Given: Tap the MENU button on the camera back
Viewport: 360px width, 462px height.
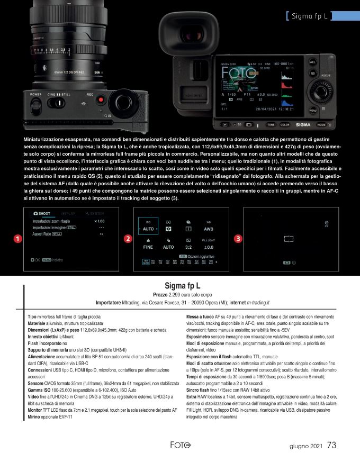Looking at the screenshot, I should pyautogui.click(x=313, y=110).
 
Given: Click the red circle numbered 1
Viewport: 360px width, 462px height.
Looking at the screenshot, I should pyautogui.click(x=18, y=239).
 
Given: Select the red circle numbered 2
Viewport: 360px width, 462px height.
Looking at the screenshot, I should pyautogui.click(x=128, y=239).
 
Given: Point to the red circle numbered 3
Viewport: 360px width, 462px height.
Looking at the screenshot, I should pyautogui.click(x=238, y=239).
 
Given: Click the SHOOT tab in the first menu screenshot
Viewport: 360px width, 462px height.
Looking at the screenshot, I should pyautogui.click(x=42, y=213).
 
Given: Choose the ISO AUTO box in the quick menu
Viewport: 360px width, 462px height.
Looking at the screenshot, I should pyautogui.click(x=149, y=227).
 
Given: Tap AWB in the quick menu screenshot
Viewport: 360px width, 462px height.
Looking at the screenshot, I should pyautogui.click(x=208, y=229).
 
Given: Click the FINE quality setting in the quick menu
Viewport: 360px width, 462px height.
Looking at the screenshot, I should pyautogui.click(x=148, y=247).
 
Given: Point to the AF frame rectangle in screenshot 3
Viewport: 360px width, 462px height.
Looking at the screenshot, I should pyautogui.click(x=289, y=240).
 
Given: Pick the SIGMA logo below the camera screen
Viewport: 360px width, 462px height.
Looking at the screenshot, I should pyautogui.click(x=303, y=125).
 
